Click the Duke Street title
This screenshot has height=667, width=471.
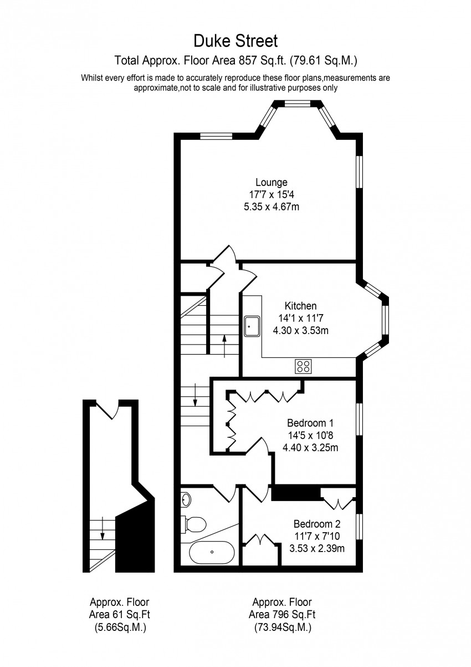coord(235,41)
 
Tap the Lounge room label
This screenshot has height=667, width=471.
coord(272,182)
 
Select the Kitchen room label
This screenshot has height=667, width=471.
coord(301,306)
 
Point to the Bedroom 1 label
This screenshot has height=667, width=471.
coord(310,423)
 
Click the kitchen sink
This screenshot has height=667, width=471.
coord(253,326)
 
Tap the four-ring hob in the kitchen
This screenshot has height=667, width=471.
coord(303,366)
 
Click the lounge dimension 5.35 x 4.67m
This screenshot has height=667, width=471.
coord(272,206)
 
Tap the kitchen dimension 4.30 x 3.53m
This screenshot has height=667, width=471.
coord(301,330)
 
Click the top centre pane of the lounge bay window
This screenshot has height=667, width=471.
coord(298,104)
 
